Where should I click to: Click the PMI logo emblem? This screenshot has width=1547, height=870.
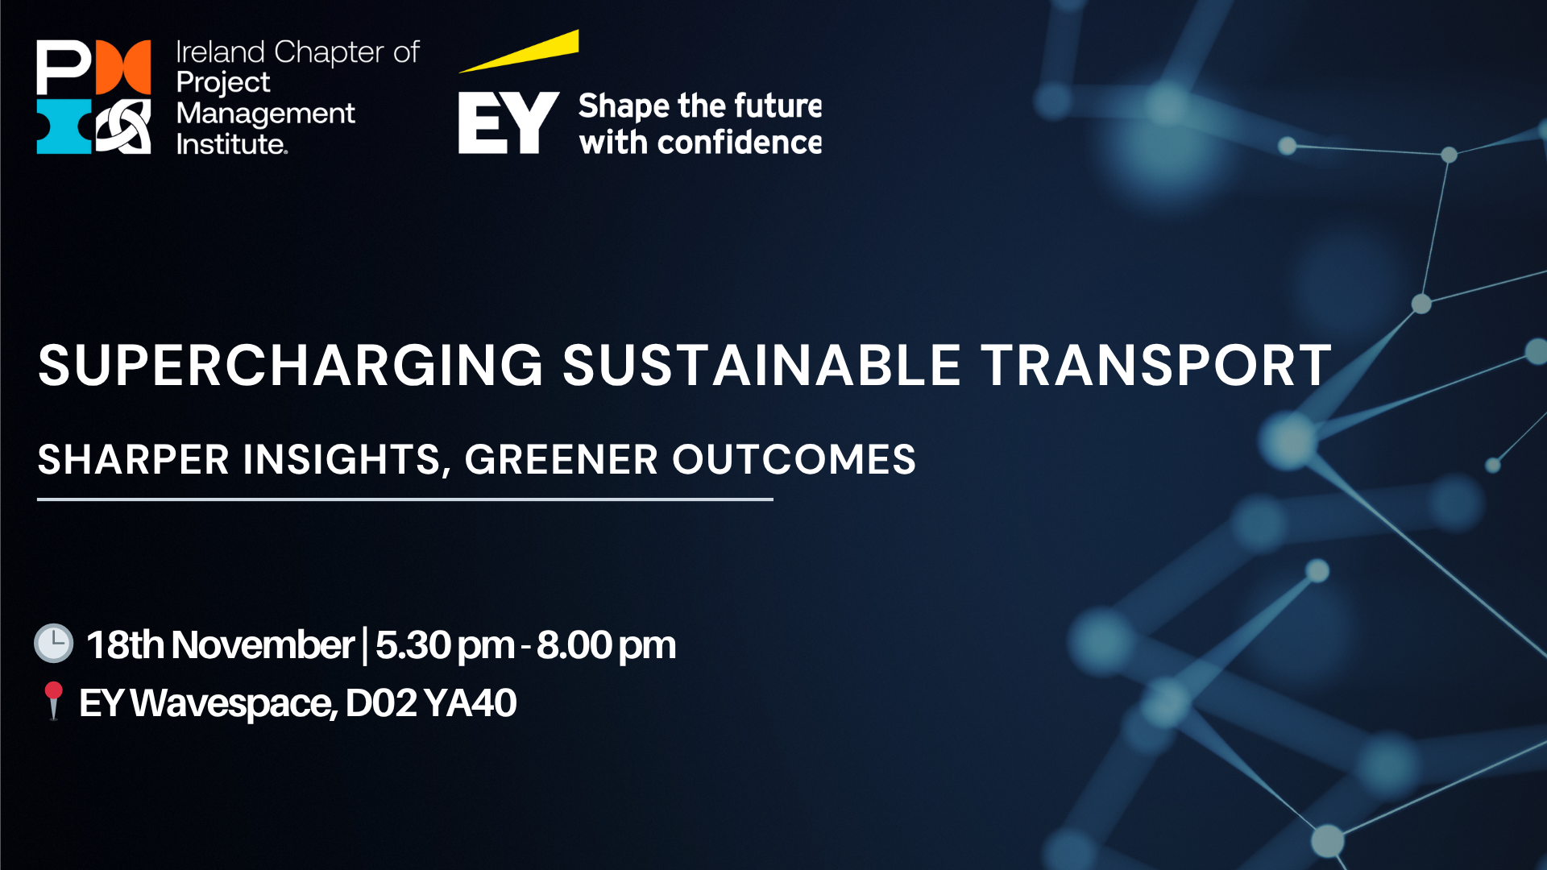pos(93,97)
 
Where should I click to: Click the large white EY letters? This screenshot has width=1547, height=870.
pos(508,122)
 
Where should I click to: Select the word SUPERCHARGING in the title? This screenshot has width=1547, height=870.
pos(291,366)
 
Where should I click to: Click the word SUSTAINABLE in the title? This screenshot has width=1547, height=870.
pos(761,366)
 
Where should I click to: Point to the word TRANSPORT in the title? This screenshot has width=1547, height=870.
pos(1156,366)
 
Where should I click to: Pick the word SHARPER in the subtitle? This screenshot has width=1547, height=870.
pos(134,460)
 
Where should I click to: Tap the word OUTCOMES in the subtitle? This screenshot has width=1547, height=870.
pos(794,460)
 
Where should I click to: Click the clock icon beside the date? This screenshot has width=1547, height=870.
pos(54,644)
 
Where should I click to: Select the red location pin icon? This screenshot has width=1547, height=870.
pos(53,701)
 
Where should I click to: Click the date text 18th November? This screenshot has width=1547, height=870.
pos(220,645)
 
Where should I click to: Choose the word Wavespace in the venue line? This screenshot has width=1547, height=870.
pos(234,704)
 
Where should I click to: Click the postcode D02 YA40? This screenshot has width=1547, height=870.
pos(431,703)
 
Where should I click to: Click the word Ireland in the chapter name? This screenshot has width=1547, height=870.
pos(221,52)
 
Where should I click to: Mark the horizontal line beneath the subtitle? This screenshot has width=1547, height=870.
pos(405,499)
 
